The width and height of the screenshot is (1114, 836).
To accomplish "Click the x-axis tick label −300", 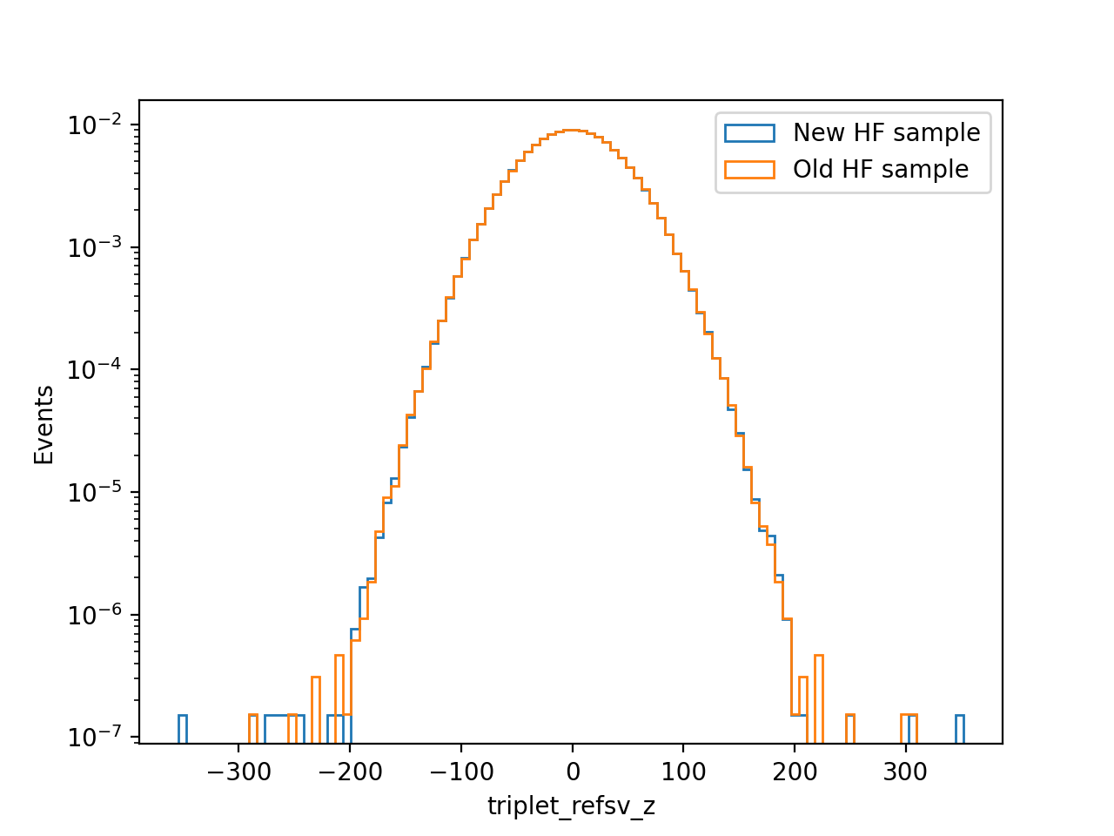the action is pyautogui.click(x=238, y=772).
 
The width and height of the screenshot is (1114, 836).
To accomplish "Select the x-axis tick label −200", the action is pyautogui.click(x=350, y=772).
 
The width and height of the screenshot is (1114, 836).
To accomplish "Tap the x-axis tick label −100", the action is pyautogui.click(x=460, y=772).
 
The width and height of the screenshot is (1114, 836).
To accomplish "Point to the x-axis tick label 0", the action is pyautogui.click(x=573, y=772).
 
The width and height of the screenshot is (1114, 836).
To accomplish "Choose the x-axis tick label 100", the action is pyautogui.click(x=683, y=772).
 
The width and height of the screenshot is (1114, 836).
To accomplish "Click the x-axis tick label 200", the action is pyautogui.click(x=795, y=772).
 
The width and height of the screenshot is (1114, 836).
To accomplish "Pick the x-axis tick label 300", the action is pyautogui.click(x=905, y=772).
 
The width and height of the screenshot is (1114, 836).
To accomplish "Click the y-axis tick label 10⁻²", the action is pyautogui.click(x=94, y=125).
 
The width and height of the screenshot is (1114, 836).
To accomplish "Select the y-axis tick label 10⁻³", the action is pyautogui.click(x=94, y=247).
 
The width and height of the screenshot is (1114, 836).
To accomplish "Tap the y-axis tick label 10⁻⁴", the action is pyautogui.click(x=94, y=369).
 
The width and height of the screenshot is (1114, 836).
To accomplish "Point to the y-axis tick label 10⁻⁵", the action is pyautogui.click(x=94, y=492).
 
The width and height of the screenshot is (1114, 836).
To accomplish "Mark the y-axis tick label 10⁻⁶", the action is pyautogui.click(x=94, y=615).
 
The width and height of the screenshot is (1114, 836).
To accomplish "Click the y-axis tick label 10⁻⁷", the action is pyautogui.click(x=94, y=737).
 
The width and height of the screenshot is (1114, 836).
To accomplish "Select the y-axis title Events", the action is pyautogui.click(x=44, y=424).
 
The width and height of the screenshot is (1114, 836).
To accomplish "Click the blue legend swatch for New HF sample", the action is pyautogui.click(x=749, y=133).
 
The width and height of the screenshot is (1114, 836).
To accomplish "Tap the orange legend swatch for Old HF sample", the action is pyautogui.click(x=749, y=170).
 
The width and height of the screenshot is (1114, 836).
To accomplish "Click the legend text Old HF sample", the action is pyautogui.click(x=881, y=169).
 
